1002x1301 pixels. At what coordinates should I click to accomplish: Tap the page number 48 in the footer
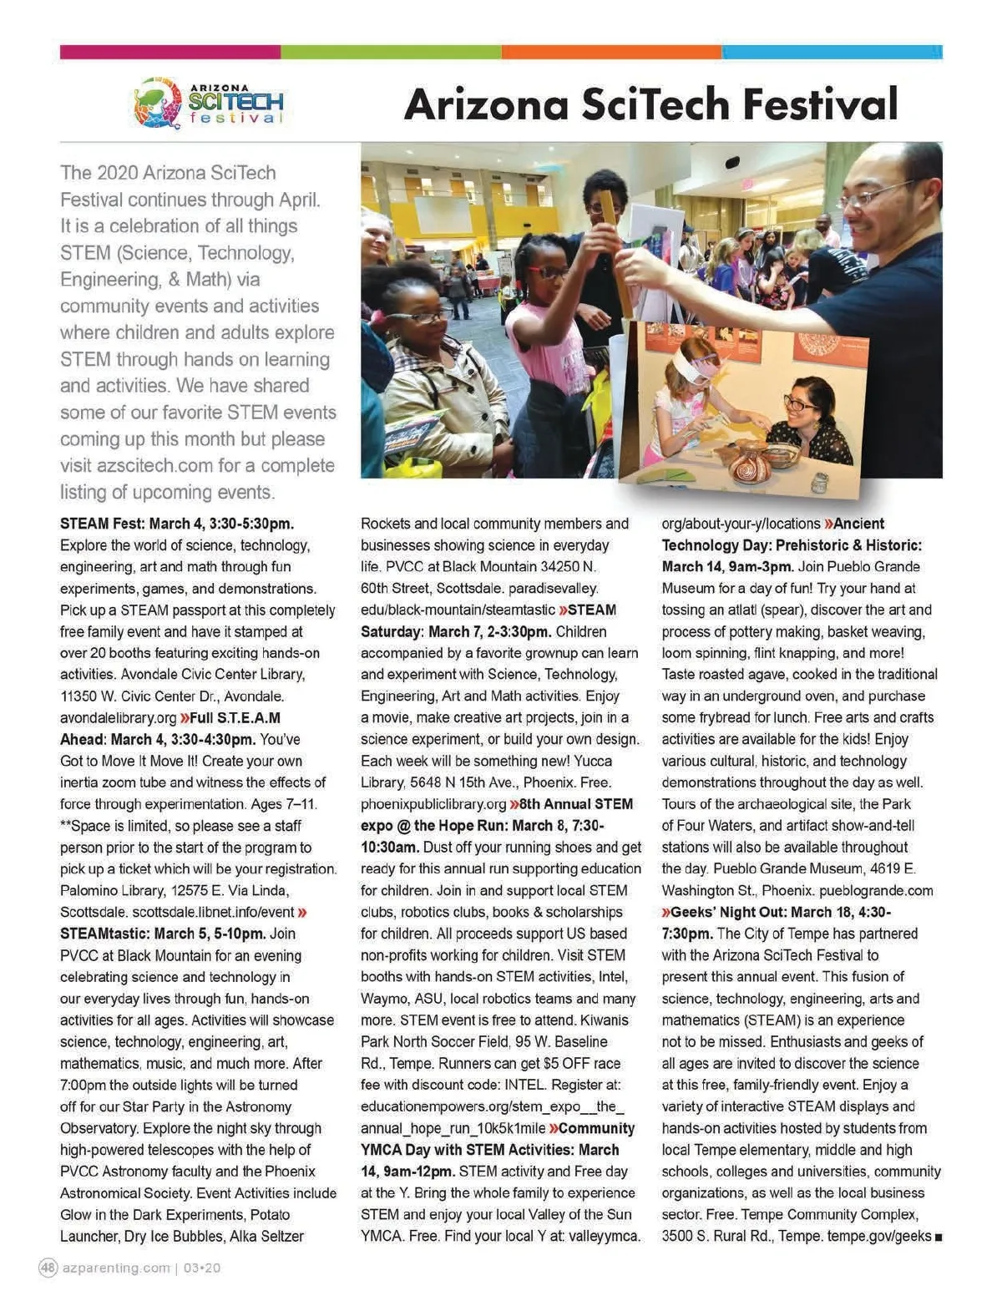[48, 1268]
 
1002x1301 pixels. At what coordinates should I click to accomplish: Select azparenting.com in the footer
[116, 1268]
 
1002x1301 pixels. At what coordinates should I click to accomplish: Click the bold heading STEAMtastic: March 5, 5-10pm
[163, 934]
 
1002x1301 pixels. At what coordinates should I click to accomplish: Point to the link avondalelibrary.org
[118, 718]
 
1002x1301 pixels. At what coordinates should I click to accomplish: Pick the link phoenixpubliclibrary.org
[433, 804]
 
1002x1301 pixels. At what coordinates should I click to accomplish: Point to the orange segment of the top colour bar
[611, 52]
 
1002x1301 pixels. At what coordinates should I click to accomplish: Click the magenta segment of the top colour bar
[170, 52]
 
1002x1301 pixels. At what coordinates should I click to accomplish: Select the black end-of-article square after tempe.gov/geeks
[939, 1238]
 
